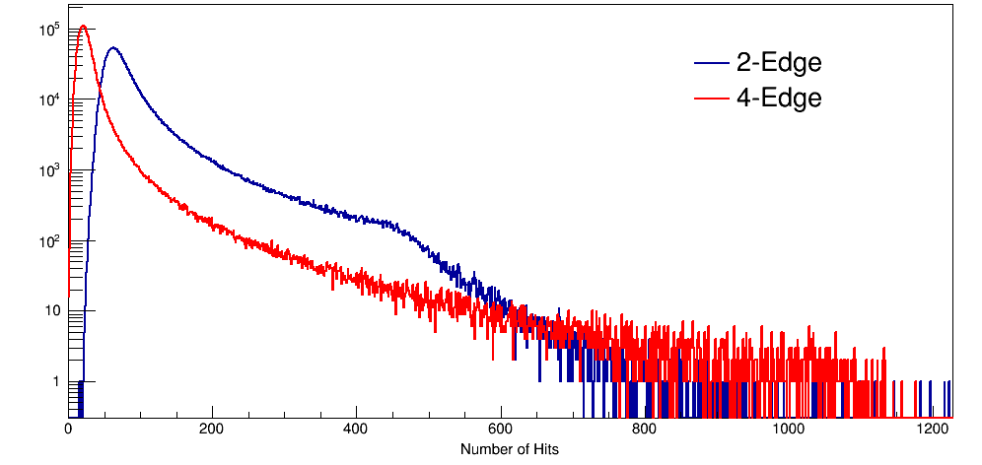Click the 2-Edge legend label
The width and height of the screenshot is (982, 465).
(779, 64)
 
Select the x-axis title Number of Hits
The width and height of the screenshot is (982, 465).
(510, 449)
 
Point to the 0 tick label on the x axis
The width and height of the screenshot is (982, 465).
(68, 430)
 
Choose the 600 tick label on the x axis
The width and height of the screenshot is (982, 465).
(501, 430)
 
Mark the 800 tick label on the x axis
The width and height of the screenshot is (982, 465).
(645, 430)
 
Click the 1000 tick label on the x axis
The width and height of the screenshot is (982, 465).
(789, 430)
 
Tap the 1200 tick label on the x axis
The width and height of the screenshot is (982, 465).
(933, 430)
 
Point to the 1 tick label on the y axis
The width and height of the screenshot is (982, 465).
(55, 381)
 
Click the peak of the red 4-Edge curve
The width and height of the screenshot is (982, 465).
(84, 27)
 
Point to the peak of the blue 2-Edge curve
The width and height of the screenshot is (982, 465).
(113, 47)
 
